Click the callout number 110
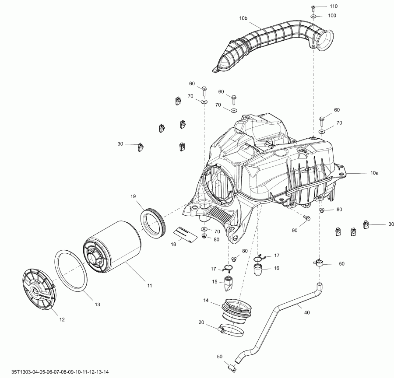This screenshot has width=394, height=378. tap(334, 7)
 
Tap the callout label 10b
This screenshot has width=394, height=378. tap(243, 18)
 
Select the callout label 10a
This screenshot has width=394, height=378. tap(374, 174)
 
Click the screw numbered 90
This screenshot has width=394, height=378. tap(307, 217)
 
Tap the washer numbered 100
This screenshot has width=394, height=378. tap(314, 16)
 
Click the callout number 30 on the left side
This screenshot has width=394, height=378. tap(120, 143)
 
